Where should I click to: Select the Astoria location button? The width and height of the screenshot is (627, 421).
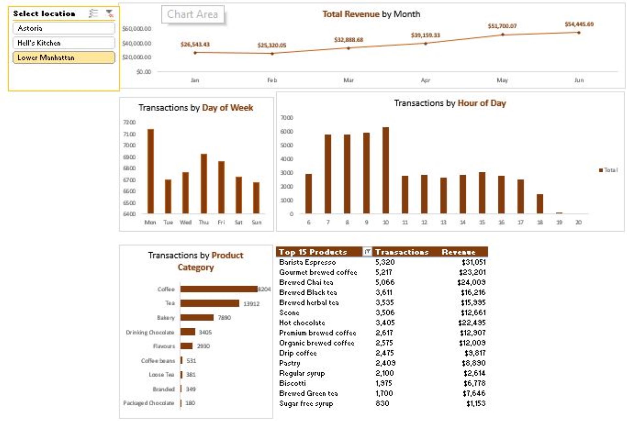pyautogui.click(x=64, y=28)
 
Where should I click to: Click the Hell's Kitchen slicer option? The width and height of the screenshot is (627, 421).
pyautogui.click(x=64, y=43)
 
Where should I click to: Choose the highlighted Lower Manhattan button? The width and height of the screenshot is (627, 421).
pyautogui.click(x=64, y=58)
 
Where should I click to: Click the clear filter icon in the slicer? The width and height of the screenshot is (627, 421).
pyautogui.click(x=109, y=13)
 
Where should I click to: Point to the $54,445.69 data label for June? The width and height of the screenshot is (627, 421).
pyautogui.click(x=579, y=24)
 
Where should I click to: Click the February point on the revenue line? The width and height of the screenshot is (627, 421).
pyautogui.click(x=272, y=54)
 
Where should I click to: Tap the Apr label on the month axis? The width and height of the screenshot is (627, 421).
pyautogui.click(x=425, y=80)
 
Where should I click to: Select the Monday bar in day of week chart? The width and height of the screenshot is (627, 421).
pyautogui.click(x=151, y=171)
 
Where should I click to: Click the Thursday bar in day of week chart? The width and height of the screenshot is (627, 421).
pyautogui.click(x=204, y=183)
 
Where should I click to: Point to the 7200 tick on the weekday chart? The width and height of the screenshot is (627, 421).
pyautogui.click(x=129, y=122)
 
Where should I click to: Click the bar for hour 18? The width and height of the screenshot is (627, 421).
pyautogui.click(x=540, y=204)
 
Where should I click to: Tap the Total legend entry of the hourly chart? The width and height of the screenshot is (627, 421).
pyautogui.click(x=608, y=170)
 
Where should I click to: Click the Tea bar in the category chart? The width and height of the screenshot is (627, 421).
pyautogui.click(x=210, y=303)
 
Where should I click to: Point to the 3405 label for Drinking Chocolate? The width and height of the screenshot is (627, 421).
pyautogui.click(x=205, y=332)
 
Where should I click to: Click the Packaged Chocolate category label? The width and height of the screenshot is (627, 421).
pyautogui.click(x=149, y=403)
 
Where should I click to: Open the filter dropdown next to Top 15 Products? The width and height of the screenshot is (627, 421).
pyautogui.click(x=367, y=252)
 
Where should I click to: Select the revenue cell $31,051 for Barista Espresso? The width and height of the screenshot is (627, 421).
pyautogui.click(x=473, y=262)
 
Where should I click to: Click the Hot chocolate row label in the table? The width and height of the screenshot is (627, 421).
pyautogui.click(x=302, y=323)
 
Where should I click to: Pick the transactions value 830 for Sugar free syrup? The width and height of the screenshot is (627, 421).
pyautogui.click(x=382, y=403)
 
